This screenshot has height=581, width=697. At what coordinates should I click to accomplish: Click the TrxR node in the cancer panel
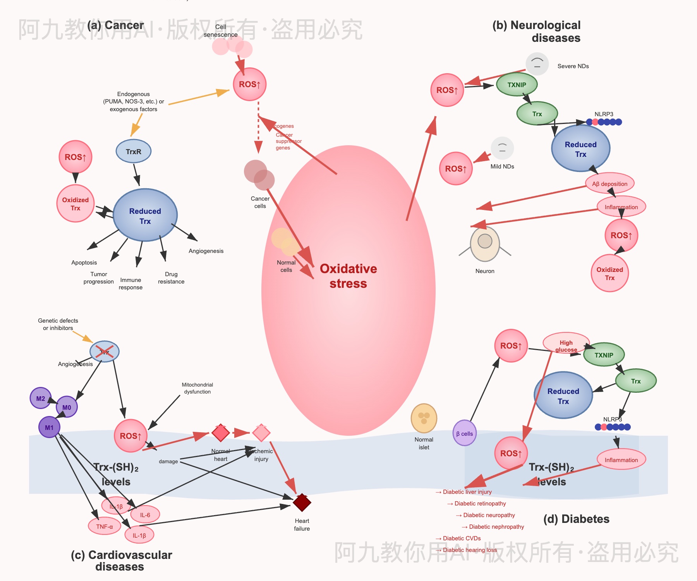tap(134, 151)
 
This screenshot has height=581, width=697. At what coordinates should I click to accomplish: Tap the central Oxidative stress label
tap(348, 276)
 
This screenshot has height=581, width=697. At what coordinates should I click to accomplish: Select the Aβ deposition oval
tap(609, 184)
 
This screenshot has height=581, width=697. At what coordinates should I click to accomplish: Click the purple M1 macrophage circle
tap(49, 427)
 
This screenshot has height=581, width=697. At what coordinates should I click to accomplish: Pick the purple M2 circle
tap(41, 398)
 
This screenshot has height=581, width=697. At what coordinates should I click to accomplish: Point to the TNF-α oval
tap(105, 526)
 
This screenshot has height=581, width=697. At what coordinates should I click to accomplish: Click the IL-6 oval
tap(145, 515)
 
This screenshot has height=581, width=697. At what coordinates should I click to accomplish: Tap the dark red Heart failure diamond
tap(302, 503)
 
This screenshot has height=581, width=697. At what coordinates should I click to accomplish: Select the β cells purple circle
tap(464, 433)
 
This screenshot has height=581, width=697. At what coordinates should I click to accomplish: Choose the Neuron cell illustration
tap(485, 244)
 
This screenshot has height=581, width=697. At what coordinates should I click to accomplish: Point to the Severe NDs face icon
tap(537, 64)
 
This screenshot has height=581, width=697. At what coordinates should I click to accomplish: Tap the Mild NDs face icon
tap(502, 148)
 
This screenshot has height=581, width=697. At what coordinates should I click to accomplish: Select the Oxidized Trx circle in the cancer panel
tap(76, 204)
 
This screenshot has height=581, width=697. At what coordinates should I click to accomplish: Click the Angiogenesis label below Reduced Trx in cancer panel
tap(206, 251)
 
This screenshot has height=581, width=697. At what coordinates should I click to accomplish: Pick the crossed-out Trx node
tap(105, 352)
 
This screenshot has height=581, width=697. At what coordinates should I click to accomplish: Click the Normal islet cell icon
tap(424, 418)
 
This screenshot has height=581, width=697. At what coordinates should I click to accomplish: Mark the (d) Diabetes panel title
tap(576, 519)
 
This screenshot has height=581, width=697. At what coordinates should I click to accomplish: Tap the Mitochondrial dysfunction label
tap(197, 388)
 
